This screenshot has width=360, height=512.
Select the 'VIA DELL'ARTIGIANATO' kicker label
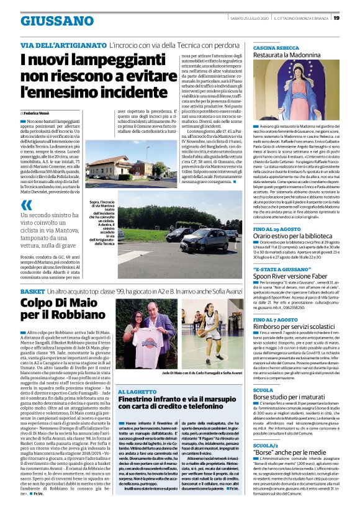tap(63, 46)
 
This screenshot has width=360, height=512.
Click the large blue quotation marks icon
tap(26, 205)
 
